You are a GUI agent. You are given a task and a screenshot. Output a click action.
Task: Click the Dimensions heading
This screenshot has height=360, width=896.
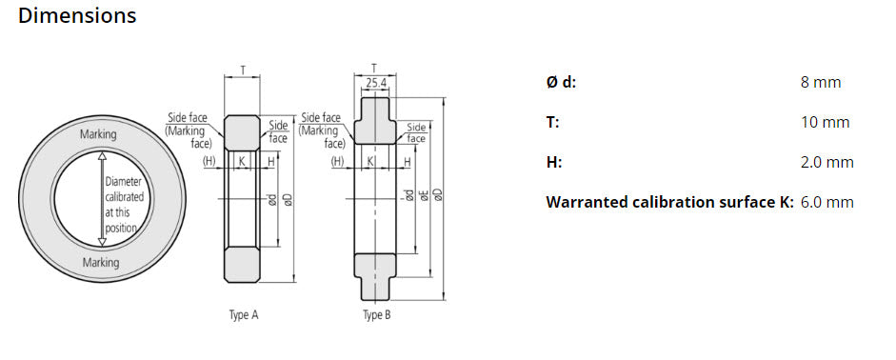[77, 16]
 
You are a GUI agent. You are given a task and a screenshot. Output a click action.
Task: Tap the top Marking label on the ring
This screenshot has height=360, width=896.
[99, 134]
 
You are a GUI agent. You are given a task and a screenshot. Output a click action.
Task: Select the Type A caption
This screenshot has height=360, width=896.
[244, 315]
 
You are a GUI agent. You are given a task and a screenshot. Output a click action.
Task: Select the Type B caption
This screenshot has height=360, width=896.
[377, 315]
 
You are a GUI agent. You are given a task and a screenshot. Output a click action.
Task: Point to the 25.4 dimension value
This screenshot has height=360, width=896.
[376, 84]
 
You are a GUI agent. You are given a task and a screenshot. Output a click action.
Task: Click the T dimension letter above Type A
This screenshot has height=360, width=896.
[243, 70]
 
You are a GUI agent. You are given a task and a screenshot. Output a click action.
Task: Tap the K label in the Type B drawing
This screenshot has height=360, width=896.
[369, 162]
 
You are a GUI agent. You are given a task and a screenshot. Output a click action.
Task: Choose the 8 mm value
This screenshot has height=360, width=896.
[821, 82]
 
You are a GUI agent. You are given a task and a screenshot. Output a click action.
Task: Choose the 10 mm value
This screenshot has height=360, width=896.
[825, 122]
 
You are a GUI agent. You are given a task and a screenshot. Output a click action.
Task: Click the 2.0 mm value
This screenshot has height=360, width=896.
[826, 162]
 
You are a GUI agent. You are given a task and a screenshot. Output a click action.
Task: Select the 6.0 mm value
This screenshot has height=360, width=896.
[826, 202]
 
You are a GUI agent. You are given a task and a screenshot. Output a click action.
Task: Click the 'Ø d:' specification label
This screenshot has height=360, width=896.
[561, 82]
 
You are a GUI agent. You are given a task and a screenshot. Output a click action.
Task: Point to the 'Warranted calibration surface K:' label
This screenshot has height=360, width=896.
[669, 202]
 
